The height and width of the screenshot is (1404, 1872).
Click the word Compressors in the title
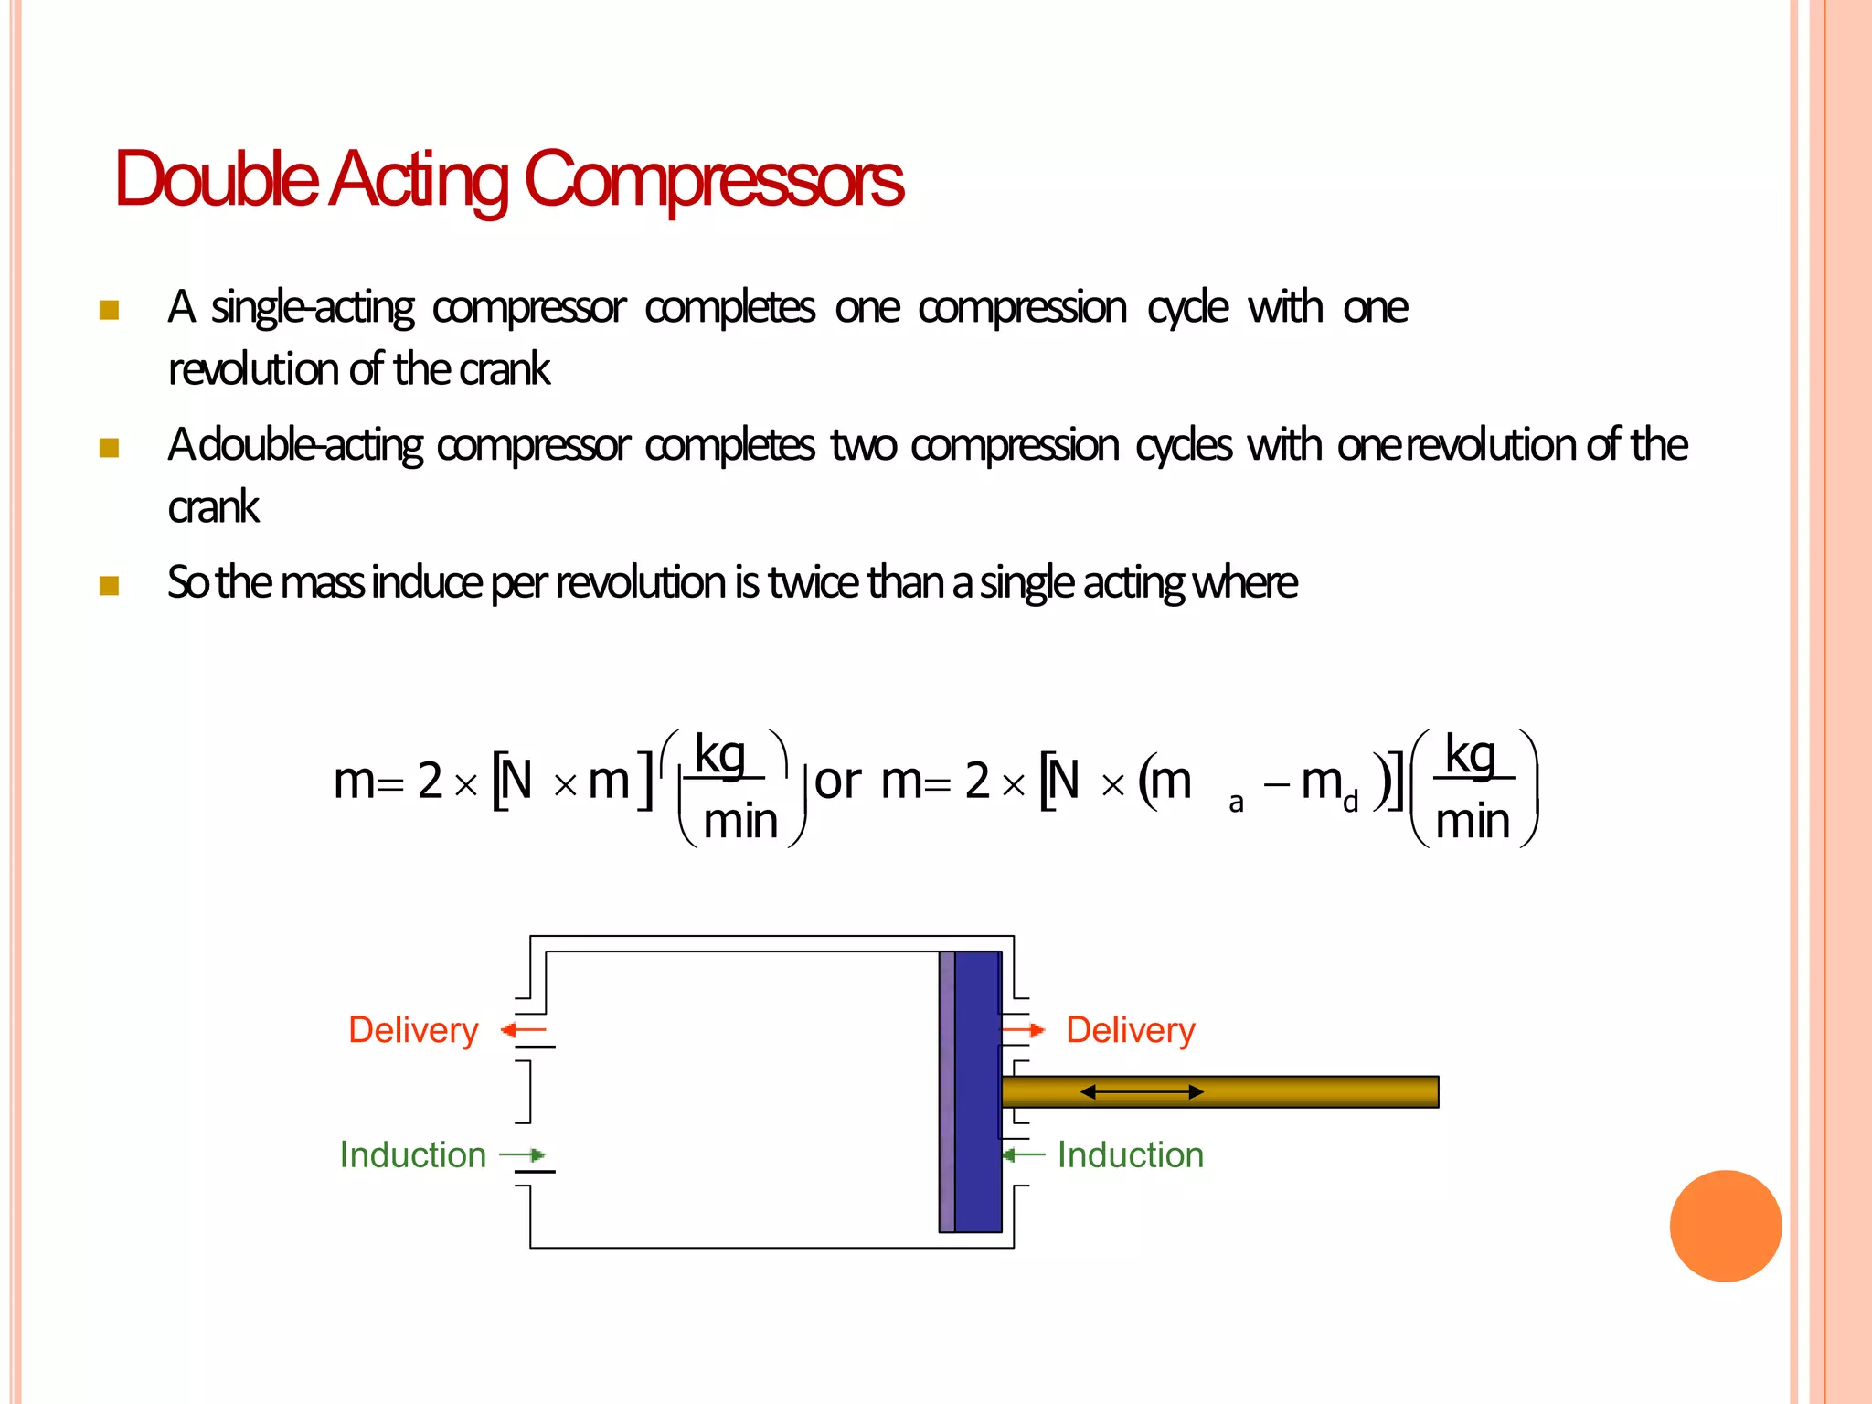click(x=713, y=180)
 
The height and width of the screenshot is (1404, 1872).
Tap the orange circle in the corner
click(x=1725, y=1226)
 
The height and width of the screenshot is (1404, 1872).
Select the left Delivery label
click(x=413, y=1030)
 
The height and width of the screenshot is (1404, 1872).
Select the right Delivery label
click(x=1131, y=1030)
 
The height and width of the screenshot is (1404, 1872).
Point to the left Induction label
click(x=412, y=1155)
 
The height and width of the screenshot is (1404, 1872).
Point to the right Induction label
click(x=1131, y=1155)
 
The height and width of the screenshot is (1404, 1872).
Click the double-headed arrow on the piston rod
click(x=1142, y=1091)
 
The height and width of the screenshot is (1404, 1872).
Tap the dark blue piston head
click(x=977, y=1092)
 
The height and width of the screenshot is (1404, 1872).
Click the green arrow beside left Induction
click(x=523, y=1155)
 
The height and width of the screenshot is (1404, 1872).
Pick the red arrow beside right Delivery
click(x=1024, y=1031)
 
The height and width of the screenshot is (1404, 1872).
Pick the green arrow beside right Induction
click(x=1023, y=1155)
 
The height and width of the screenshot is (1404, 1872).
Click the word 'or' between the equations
click(x=837, y=782)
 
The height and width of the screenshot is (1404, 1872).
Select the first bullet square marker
click(x=110, y=310)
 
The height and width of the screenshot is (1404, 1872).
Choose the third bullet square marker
click(x=110, y=585)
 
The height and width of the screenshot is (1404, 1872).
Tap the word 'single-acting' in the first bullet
click(x=312, y=308)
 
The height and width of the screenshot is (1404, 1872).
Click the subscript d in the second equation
click(x=1350, y=803)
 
